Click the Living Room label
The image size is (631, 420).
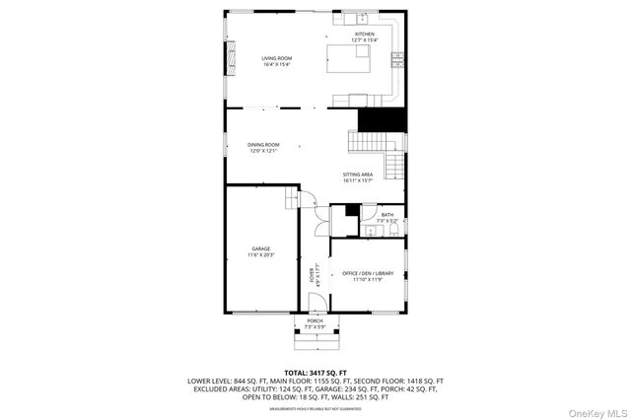(x=276, y=61)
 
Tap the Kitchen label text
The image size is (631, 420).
(x=365, y=36)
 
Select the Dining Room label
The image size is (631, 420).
(x=263, y=148)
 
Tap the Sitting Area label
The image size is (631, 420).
(x=357, y=177)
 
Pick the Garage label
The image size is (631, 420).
(x=260, y=251)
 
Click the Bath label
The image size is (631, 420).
(x=387, y=217)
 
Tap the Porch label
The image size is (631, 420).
(x=315, y=323)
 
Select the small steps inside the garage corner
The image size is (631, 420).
(x=291, y=201)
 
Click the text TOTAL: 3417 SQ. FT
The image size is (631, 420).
(x=315, y=372)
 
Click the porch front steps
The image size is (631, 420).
(x=315, y=343)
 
